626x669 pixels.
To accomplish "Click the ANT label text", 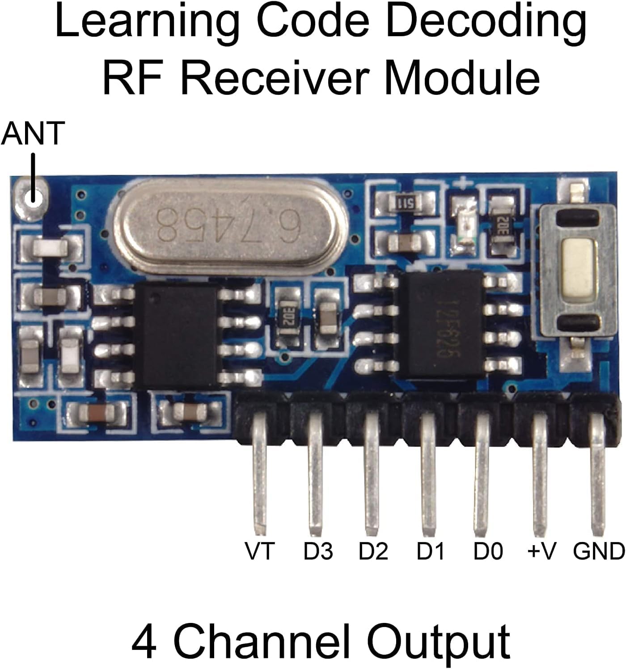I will coord(33,133).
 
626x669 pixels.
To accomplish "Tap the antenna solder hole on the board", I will coord(32,196).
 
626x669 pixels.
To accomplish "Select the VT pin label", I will coord(259,551).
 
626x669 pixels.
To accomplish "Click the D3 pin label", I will coord(318,551).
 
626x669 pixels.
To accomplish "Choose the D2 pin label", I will coord(373,551).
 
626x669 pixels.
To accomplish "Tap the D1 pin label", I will coord(431,551).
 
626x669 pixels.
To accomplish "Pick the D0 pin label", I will coord(488,551).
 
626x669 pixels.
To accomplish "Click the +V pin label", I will coord(541,551).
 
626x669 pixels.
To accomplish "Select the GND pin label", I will coord(599,551).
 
